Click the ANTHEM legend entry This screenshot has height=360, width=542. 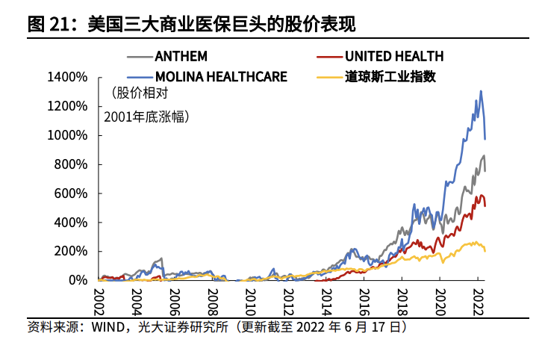pos(181,56)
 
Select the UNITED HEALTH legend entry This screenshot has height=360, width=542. pos(393,56)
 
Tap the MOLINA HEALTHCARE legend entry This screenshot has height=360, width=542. pos(221,75)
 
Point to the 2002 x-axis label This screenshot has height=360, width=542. pos(98,302)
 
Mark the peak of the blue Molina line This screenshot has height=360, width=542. pos(481,91)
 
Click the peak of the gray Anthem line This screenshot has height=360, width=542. pos(484,155)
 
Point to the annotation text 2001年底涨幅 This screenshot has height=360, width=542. pos(146,117)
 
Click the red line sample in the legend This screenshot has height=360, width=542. pos(328,56)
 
